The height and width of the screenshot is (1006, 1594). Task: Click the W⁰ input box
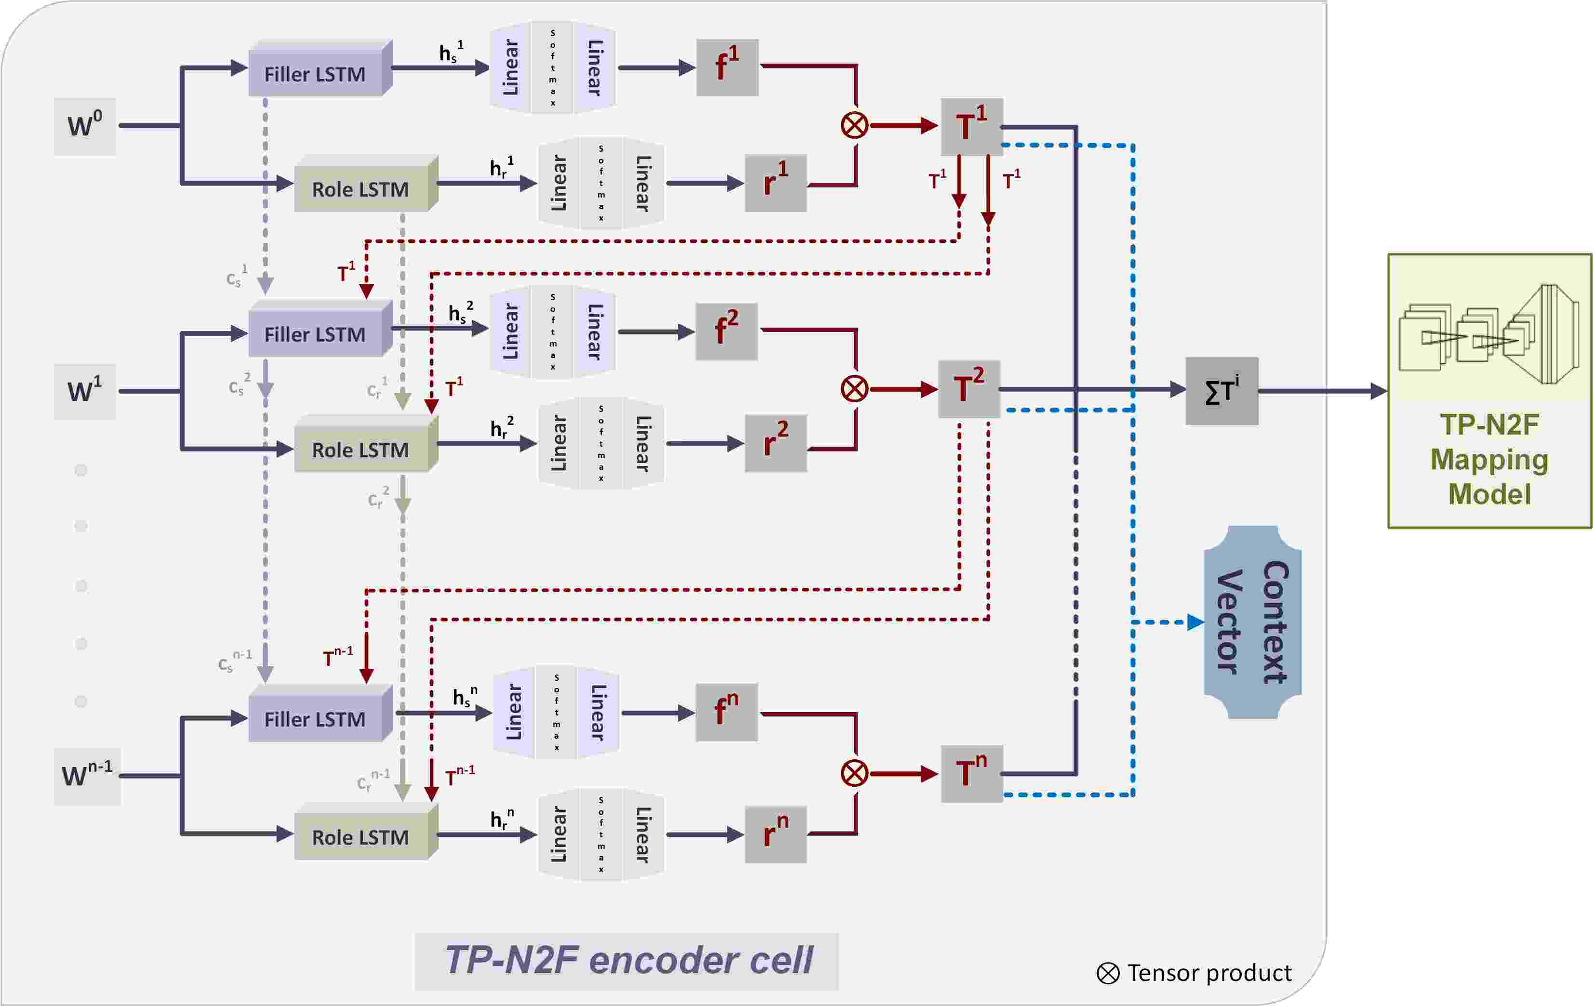(x=85, y=126)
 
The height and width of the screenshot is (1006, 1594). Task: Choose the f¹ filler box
(x=727, y=67)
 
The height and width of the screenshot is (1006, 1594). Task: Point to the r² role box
(x=776, y=443)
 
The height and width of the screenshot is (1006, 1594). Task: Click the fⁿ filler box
(x=726, y=712)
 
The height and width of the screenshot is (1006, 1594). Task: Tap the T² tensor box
(x=969, y=389)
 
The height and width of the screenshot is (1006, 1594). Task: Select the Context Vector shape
(x=1252, y=622)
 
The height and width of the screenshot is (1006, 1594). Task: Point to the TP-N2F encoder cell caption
(x=627, y=960)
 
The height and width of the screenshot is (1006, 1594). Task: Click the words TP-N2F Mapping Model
(x=1489, y=459)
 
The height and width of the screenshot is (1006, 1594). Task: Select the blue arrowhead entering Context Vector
(x=1195, y=622)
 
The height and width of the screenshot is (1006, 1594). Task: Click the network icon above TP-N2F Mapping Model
(x=1489, y=334)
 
